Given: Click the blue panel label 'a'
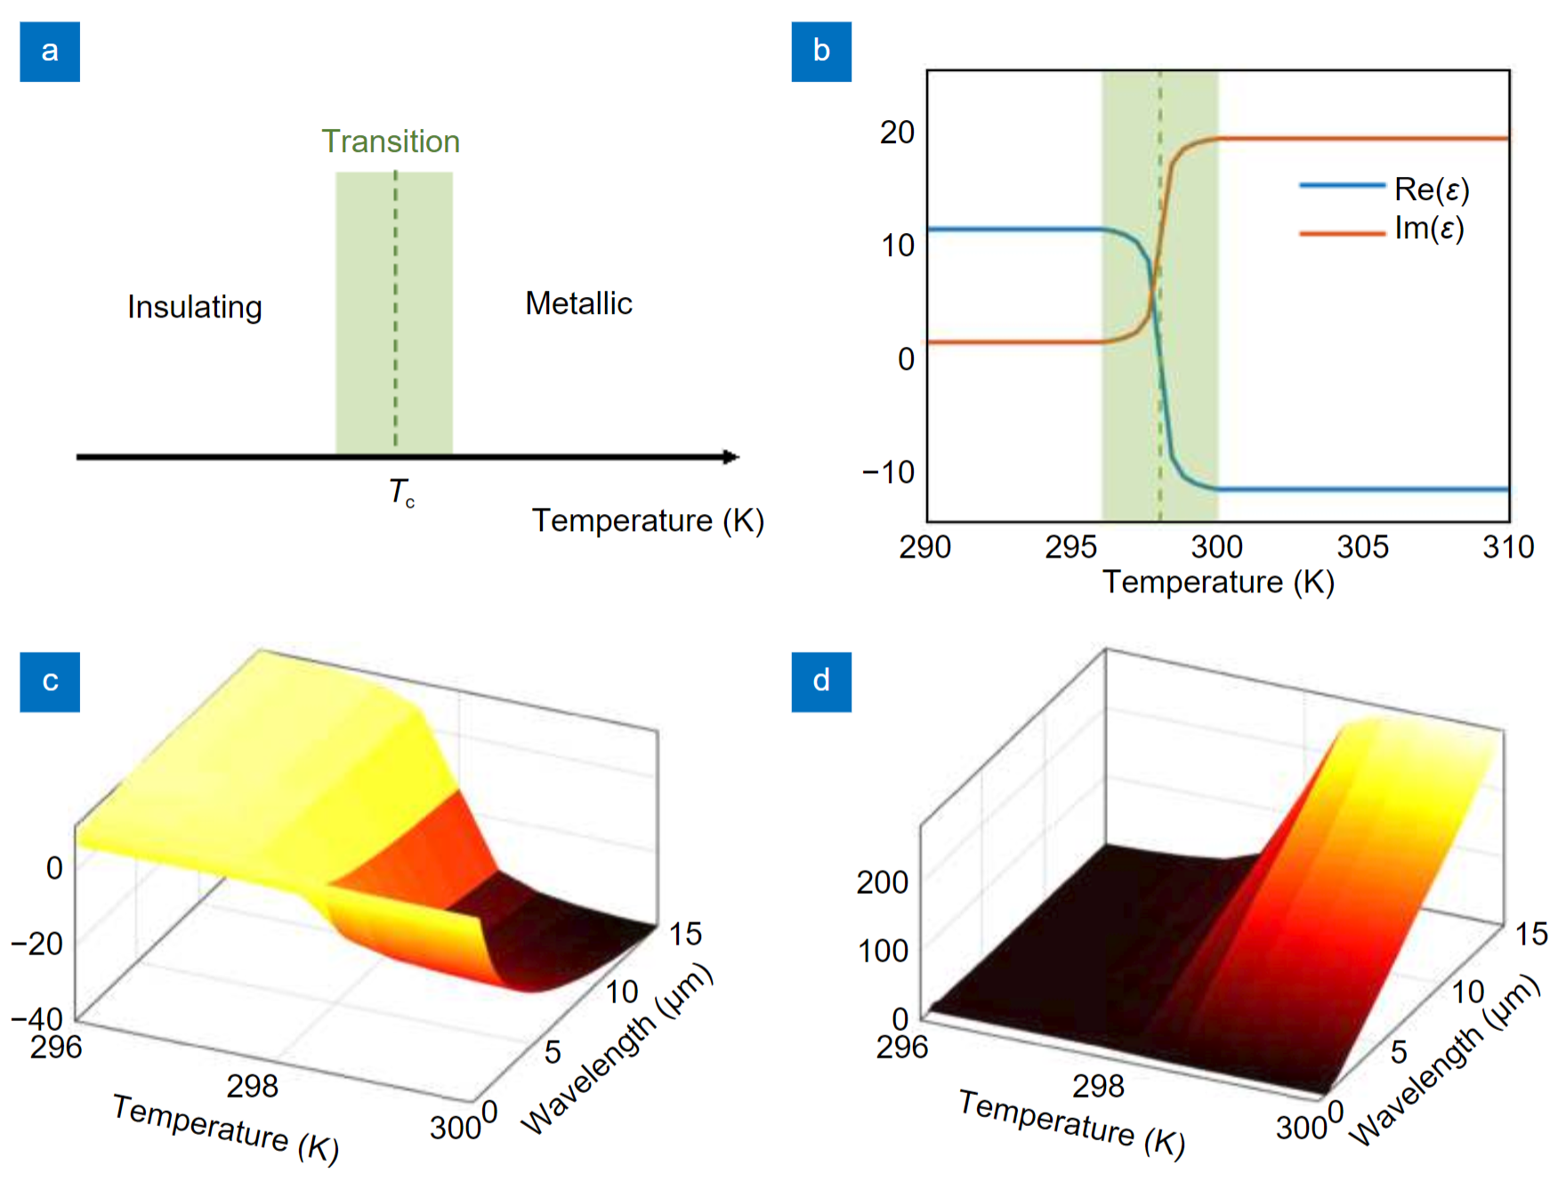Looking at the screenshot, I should [x=50, y=52].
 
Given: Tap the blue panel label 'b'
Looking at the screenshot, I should [x=821, y=52].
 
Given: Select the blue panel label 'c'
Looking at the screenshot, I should [x=50, y=681].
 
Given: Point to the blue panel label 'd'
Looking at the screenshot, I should [x=821, y=681].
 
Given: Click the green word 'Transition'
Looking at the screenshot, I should [x=391, y=141].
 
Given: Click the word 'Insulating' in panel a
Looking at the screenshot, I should [x=195, y=307].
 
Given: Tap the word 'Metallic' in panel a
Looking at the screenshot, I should [x=578, y=303].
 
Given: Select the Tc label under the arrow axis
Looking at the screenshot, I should [x=401, y=493].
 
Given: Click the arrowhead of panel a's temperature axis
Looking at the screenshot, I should [x=731, y=457].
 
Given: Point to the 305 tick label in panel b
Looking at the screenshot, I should [x=1362, y=547].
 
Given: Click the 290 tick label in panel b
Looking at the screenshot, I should [x=925, y=547].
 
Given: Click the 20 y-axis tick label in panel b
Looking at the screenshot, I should [x=897, y=133].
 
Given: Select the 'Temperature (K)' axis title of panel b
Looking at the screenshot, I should [x=1218, y=583].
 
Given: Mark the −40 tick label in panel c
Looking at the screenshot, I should [x=37, y=1018].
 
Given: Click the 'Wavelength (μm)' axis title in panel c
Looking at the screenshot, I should [x=618, y=1049].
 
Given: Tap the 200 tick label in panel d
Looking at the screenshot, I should [x=882, y=882].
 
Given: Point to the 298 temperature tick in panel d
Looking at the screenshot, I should [x=1098, y=1086].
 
